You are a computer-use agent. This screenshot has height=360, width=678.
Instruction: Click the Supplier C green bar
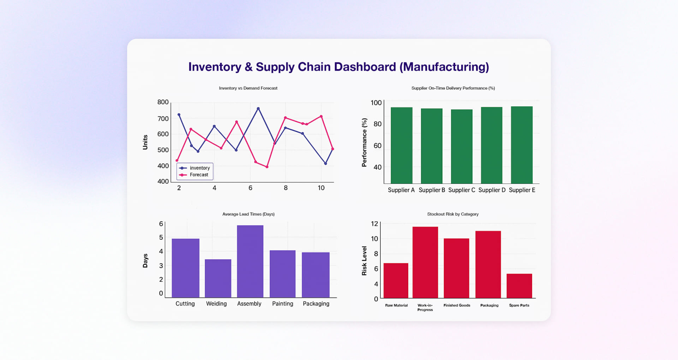[x=462, y=146]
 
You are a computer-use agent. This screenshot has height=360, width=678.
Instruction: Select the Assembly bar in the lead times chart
[x=250, y=261]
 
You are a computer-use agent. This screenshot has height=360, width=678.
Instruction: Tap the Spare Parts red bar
[x=519, y=286]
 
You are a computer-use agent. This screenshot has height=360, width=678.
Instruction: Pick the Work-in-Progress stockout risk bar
[x=425, y=262]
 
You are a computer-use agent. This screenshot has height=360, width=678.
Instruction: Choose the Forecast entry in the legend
[x=199, y=175]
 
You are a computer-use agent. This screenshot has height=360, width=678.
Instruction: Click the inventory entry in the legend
[x=200, y=168]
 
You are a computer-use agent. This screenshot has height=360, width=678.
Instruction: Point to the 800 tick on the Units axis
[x=163, y=102]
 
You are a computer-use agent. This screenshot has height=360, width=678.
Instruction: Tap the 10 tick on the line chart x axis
[x=321, y=188]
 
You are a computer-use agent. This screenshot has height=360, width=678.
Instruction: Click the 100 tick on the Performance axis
[x=376, y=103]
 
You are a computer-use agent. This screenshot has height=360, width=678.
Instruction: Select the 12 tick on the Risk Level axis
[x=374, y=224]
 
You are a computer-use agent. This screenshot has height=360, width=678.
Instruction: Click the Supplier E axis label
[x=522, y=190]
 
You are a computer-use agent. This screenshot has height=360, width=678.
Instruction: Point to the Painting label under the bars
[x=282, y=304]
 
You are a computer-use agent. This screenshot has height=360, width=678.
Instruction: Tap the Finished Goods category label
[x=457, y=305]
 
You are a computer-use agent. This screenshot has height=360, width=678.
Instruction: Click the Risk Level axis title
[x=364, y=261]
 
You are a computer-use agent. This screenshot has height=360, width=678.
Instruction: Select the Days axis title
[x=145, y=260]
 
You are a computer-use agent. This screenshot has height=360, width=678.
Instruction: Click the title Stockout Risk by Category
[x=453, y=214]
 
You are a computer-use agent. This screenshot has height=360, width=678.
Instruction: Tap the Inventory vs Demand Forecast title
[x=248, y=88]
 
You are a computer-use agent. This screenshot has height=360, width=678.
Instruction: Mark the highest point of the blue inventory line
[x=258, y=109]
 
